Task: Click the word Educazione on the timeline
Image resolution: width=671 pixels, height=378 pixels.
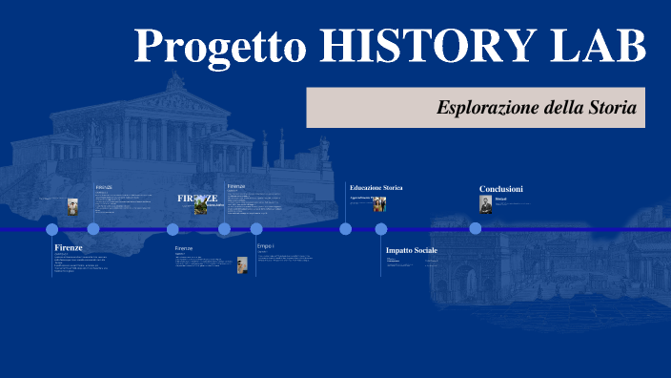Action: point(366,187)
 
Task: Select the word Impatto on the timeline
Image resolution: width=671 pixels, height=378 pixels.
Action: point(399,250)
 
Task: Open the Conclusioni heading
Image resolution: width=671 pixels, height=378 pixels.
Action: point(500,189)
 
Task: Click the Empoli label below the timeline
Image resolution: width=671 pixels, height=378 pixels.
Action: point(265,246)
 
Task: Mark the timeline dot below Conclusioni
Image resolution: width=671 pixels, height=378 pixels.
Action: point(475,228)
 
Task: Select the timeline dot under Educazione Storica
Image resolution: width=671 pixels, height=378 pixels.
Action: point(345,229)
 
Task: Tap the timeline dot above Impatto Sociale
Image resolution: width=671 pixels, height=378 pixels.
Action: point(381,229)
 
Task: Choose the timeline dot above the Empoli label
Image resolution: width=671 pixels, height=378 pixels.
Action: point(256,229)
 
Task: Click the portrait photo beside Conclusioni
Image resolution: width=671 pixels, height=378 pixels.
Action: point(486,204)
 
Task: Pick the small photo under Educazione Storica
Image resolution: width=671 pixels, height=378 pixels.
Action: point(378,204)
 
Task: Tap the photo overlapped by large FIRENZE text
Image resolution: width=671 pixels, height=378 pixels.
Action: point(201,205)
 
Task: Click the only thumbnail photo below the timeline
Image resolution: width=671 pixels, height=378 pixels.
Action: point(242,264)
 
